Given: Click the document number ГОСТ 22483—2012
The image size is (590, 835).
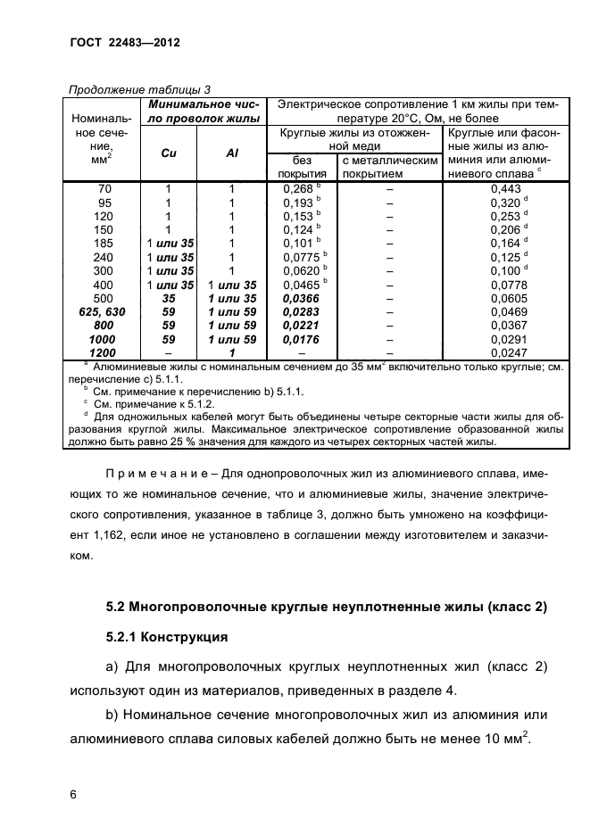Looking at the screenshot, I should [x=125, y=42].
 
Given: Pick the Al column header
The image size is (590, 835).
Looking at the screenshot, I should [x=231, y=153].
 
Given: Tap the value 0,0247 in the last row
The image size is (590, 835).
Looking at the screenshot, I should [x=506, y=353].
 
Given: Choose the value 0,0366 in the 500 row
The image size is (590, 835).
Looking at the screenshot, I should [x=299, y=297].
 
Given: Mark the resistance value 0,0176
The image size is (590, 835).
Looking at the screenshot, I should [x=299, y=340].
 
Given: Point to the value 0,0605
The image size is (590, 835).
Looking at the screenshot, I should [x=506, y=297].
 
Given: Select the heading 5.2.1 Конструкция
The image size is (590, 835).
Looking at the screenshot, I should [x=167, y=638].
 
